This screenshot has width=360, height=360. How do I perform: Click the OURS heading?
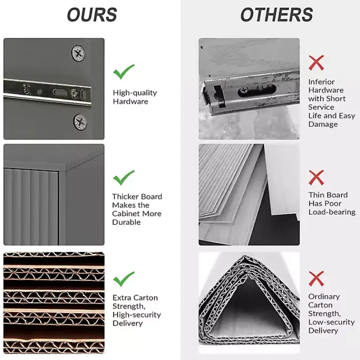tap(92, 14)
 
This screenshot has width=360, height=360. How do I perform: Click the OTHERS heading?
tap(276, 14)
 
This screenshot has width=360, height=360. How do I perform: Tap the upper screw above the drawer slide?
tap(78, 53)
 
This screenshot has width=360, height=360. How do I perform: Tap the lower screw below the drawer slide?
tap(80, 122)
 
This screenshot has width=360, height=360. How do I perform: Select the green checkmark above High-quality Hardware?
tap(123, 72)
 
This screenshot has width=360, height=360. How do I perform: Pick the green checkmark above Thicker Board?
tap(123, 178)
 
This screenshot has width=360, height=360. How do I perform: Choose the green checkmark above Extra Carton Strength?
tap(123, 279)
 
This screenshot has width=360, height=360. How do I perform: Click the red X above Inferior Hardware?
tap(316, 62)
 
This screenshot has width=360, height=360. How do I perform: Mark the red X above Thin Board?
tap(316, 178)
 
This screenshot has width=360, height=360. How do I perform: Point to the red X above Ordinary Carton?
tap(316, 278)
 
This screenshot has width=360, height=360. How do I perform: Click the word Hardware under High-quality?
tap(131, 101)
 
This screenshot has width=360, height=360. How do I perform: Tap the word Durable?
tap(126, 222)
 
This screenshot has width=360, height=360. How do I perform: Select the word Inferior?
tap(322, 82)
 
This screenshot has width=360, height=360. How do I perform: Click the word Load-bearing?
tap(332, 212)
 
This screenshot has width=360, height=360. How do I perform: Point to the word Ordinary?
tap(324, 297)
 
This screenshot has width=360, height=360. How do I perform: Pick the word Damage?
tap(323, 124)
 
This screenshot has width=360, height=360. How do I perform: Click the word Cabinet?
tap(126, 214)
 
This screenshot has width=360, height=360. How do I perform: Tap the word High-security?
tap(137, 315)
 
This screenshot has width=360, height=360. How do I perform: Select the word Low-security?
tap(331, 322)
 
